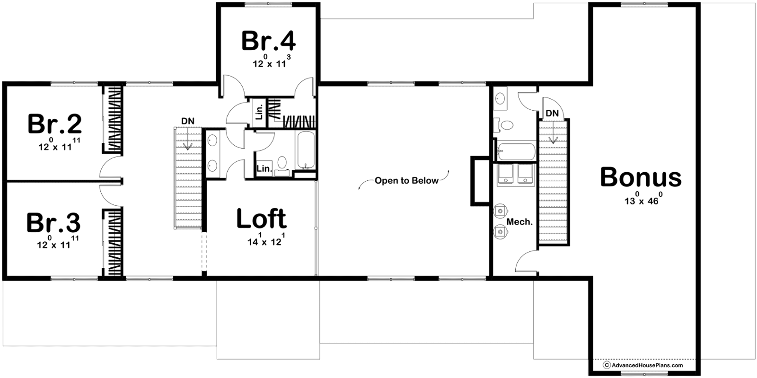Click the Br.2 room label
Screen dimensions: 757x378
pos(55,124)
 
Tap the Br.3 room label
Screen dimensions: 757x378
pos(54,223)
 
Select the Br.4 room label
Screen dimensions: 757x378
pos(269,41)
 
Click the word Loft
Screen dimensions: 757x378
pos(262,219)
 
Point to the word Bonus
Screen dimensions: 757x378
pos(641,177)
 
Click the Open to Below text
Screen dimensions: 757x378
pos(406,181)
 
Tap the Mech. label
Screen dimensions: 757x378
pos(519,222)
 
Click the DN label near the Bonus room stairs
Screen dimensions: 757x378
pos(552,114)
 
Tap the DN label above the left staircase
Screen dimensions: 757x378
pos(187,121)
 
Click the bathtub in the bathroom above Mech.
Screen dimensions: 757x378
pos(516,151)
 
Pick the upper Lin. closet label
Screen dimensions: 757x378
pos(260,112)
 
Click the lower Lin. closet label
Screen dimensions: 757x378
pos(264,168)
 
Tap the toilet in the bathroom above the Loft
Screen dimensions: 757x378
pos(282,165)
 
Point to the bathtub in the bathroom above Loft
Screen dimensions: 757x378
pos(306,150)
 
